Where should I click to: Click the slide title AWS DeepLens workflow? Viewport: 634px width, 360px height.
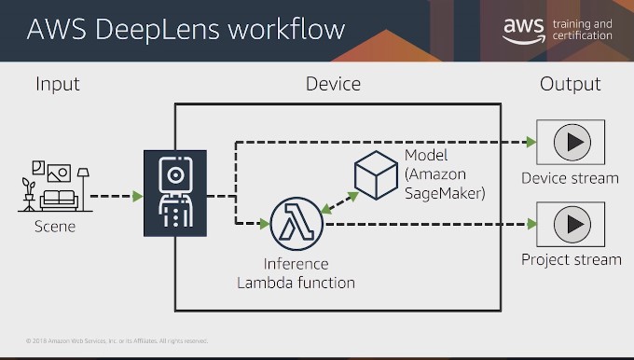pos(186,30)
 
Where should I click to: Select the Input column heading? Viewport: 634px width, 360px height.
pos(58,85)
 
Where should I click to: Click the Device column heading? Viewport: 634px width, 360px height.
pos(333,85)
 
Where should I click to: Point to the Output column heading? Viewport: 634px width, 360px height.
pos(571,85)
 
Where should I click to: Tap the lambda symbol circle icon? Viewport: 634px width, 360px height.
pos(296,223)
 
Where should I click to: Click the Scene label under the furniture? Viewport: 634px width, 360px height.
pos(54,226)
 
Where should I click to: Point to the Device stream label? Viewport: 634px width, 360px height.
pos(570,178)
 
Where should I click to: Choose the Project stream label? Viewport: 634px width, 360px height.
pos(571,259)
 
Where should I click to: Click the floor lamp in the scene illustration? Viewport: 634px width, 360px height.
pos(83,187)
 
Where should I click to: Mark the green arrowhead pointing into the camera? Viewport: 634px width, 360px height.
pos(137,197)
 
